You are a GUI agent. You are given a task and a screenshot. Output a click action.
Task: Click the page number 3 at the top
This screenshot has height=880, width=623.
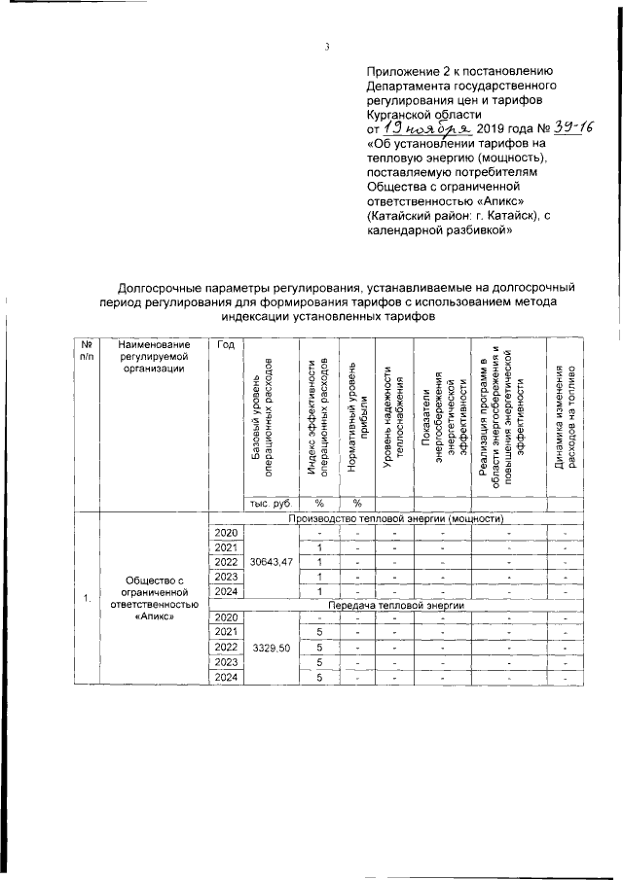pos(328,46)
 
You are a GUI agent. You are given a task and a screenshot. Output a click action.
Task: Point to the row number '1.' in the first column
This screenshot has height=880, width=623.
pos(87,597)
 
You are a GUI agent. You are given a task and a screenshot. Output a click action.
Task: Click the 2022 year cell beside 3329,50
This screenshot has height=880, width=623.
pos(226,648)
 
